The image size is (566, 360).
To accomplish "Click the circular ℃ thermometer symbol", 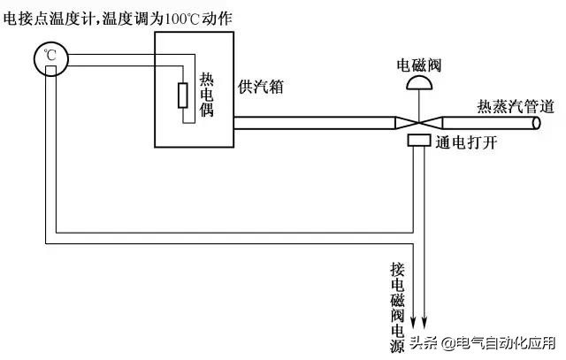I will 50,58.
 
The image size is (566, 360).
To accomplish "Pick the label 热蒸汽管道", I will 516,107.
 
